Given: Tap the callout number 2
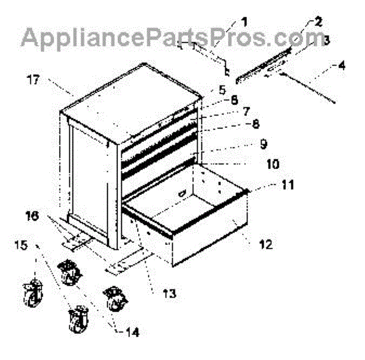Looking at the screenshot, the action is pyautogui.click(x=318, y=23).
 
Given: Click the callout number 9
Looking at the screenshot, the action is pyautogui.click(x=262, y=144).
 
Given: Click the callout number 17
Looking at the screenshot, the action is pyautogui.click(x=32, y=79).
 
